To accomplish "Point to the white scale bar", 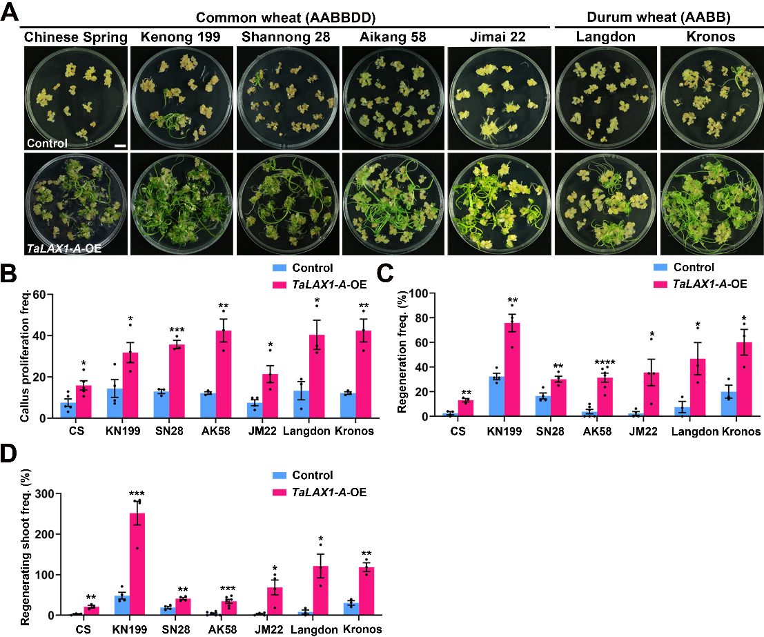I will pos(118,146).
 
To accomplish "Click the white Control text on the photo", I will pos(47,144).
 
